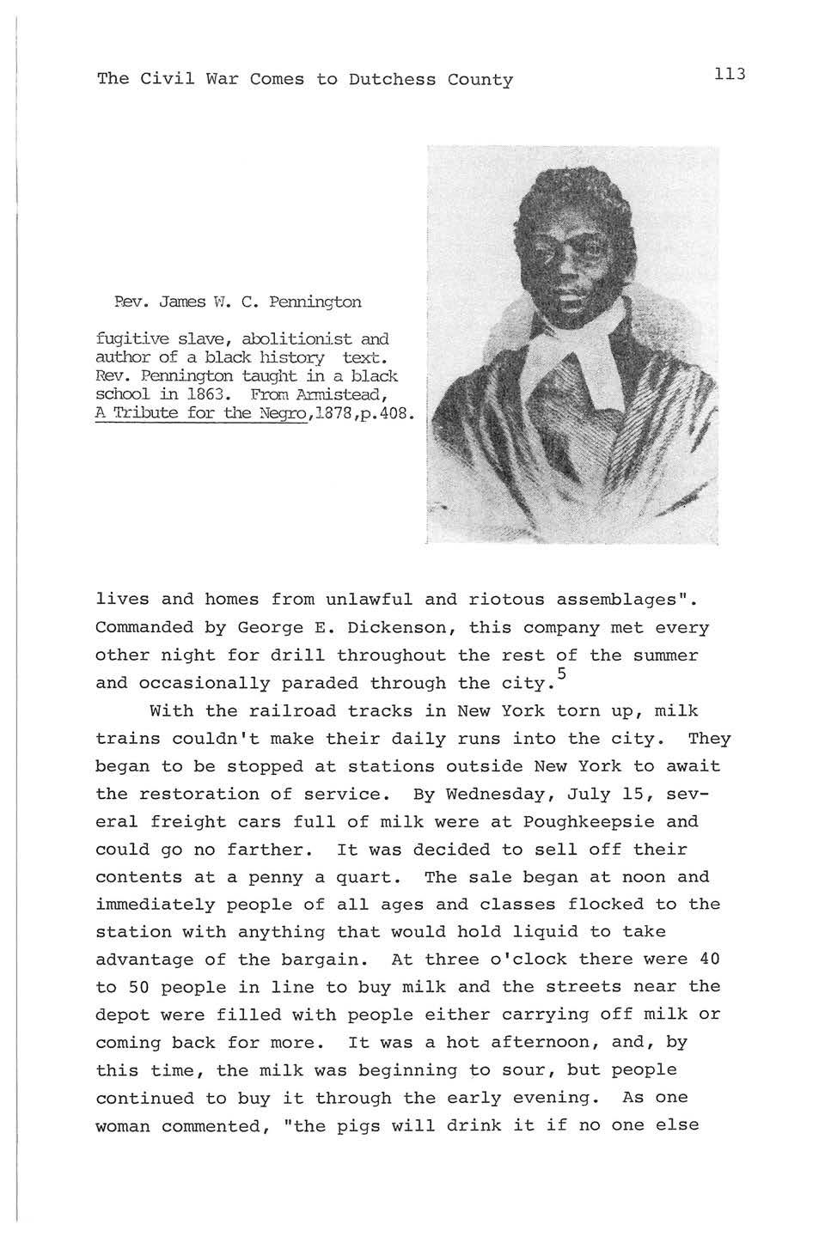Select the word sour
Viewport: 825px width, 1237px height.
click(x=577, y=1070)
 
